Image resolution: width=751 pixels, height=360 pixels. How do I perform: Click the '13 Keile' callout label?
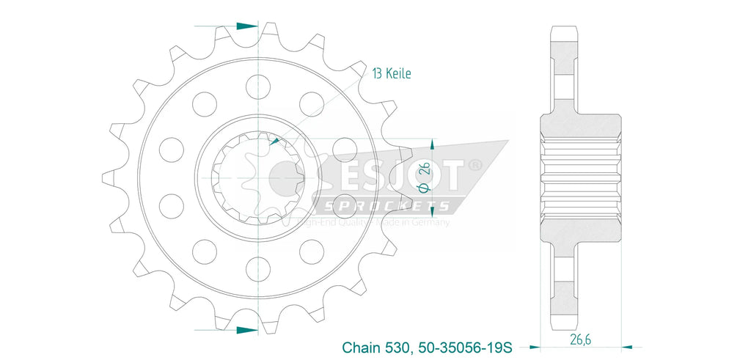(391, 73)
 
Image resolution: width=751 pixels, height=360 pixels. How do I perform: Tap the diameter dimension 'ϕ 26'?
(424, 177)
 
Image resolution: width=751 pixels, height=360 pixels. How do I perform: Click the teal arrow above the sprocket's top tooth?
(247, 26)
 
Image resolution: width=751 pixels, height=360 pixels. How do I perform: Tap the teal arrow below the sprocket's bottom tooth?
(247, 330)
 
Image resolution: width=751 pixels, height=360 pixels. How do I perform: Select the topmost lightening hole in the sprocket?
(258, 85)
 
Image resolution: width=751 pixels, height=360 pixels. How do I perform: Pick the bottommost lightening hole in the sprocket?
(258, 265)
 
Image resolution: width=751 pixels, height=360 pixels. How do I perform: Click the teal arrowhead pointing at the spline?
(274, 141)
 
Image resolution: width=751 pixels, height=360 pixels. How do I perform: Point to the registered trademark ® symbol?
(475, 166)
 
